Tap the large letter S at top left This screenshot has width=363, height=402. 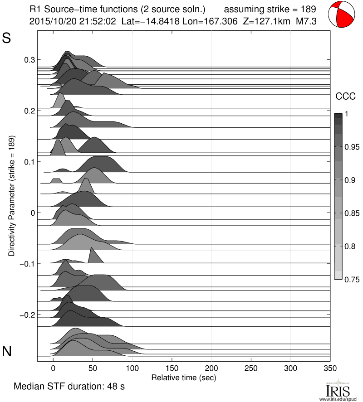pyautogui.click(x=7, y=39)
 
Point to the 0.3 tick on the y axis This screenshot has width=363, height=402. pyautogui.click(x=29, y=60)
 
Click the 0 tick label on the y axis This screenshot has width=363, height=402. pyautogui.click(x=32, y=213)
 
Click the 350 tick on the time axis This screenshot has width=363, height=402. pyautogui.click(x=330, y=368)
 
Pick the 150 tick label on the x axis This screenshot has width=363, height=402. pyautogui.click(x=172, y=368)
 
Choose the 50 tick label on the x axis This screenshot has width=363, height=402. pyautogui.click(x=93, y=368)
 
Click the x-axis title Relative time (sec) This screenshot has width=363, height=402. pyautogui.click(x=183, y=377)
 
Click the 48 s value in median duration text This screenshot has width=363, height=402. pyautogui.click(x=116, y=387)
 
